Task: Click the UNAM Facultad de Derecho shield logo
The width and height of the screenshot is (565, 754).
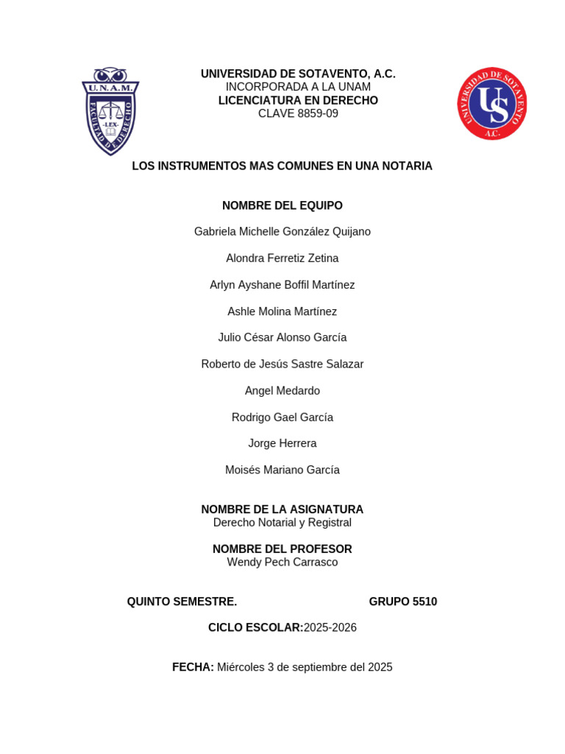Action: point(110,111)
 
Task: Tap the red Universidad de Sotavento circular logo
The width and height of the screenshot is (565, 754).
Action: point(491,104)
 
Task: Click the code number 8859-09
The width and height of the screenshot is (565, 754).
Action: point(312,113)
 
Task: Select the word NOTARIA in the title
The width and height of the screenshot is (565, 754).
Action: point(407,166)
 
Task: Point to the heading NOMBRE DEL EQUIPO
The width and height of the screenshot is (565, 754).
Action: point(282,205)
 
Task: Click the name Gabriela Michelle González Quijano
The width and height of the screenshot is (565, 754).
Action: point(282,232)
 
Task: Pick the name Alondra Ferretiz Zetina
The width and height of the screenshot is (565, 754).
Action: point(282,258)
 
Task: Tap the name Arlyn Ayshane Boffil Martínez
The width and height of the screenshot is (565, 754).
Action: point(282,285)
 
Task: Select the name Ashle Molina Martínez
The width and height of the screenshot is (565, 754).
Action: point(282,311)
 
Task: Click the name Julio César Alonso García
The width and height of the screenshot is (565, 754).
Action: point(282,337)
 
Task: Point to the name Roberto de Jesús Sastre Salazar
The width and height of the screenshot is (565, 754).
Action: point(282,364)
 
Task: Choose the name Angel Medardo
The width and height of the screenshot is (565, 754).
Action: point(282,390)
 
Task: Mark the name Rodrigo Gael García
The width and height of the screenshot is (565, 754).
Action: point(282,417)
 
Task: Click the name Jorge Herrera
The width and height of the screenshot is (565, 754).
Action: point(282,443)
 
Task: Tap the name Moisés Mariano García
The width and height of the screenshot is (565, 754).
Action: point(282,470)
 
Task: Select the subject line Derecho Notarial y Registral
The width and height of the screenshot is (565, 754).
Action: point(282,523)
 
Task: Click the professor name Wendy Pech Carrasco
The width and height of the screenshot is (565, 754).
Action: point(282,563)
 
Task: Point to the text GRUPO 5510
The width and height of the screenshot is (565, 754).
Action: point(403,602)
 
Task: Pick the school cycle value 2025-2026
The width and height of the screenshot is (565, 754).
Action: point(330,627)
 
